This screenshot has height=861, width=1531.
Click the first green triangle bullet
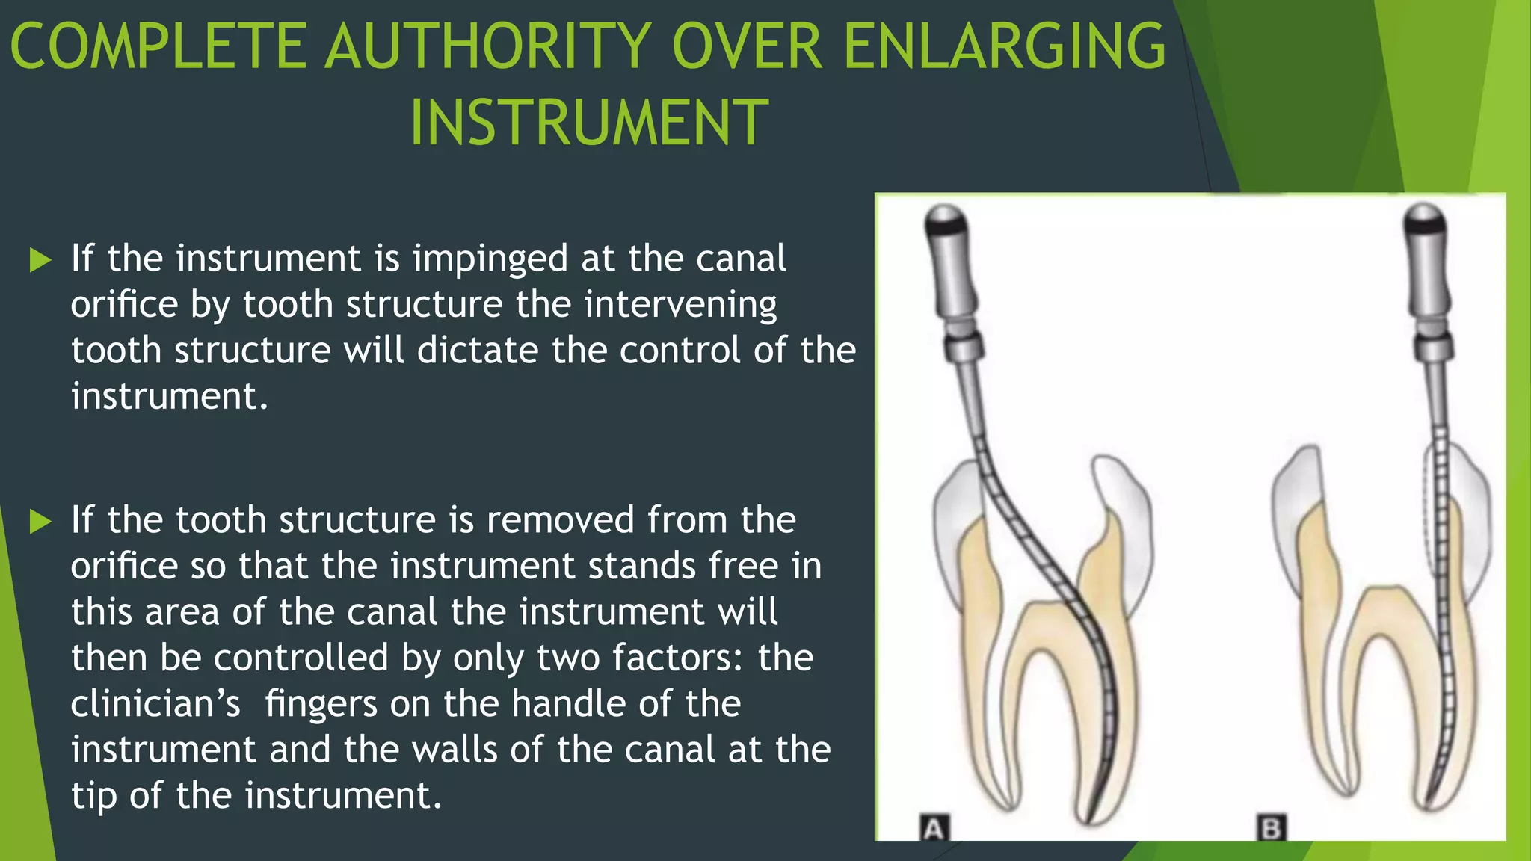40,261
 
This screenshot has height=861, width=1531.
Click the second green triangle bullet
40,522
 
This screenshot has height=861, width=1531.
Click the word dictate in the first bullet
478,351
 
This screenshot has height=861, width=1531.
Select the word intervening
680,305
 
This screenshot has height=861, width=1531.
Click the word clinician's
155,704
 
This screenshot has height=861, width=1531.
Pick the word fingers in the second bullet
321,704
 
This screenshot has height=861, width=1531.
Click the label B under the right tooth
1272,828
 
